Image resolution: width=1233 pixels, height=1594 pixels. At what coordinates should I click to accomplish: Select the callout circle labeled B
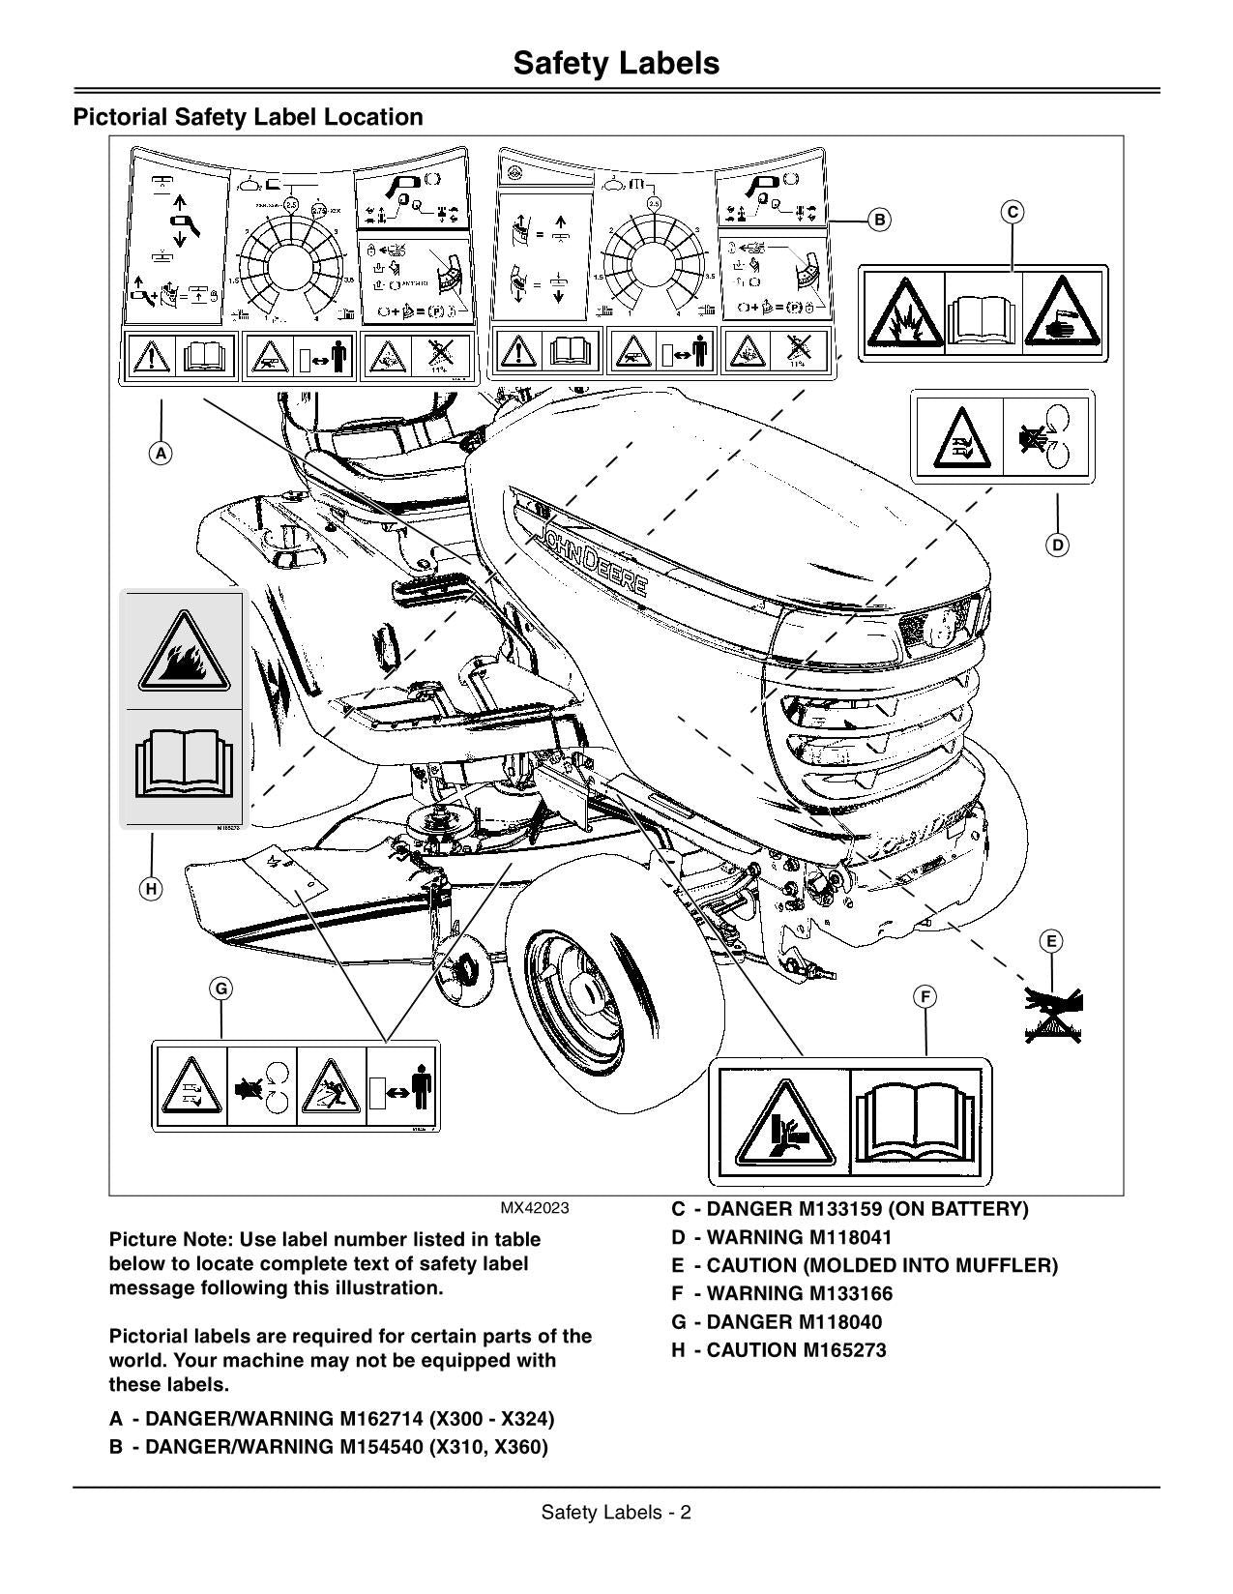pyautogui.click(x=879, y=220)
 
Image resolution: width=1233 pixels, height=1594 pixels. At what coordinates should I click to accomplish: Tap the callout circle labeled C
pyautogui.click(x=1012, y=212)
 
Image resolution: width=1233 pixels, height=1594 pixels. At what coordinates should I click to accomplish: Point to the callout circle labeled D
pyautogui.click(x=1057, y=545)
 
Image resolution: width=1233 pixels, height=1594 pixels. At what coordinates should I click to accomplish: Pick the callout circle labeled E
pyautogui.click(x=1051, y=941)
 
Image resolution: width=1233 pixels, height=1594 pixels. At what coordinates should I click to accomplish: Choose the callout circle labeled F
pyautogui.click(x=925, y=997)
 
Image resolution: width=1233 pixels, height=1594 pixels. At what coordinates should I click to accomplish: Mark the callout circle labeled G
pyautogui.click(x=221, y=989)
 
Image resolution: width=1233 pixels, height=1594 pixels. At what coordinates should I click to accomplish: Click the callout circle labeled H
pyautogui.click(x=151, y=889)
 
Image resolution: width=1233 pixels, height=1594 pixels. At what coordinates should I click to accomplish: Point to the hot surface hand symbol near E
pyautogui.click(x=1054, y=1016)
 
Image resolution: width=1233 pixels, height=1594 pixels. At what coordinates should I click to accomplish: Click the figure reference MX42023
pyautogui.click(x=534, y=1209)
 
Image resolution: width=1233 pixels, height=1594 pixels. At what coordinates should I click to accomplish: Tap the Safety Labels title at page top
pyautogui.click(x=616, y=63)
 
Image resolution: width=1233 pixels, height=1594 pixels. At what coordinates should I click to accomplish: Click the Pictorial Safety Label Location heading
pyautogui.click(x=249, y=117)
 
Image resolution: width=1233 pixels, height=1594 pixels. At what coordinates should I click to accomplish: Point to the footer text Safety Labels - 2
pyautogui.click(x=616, y=1513)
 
